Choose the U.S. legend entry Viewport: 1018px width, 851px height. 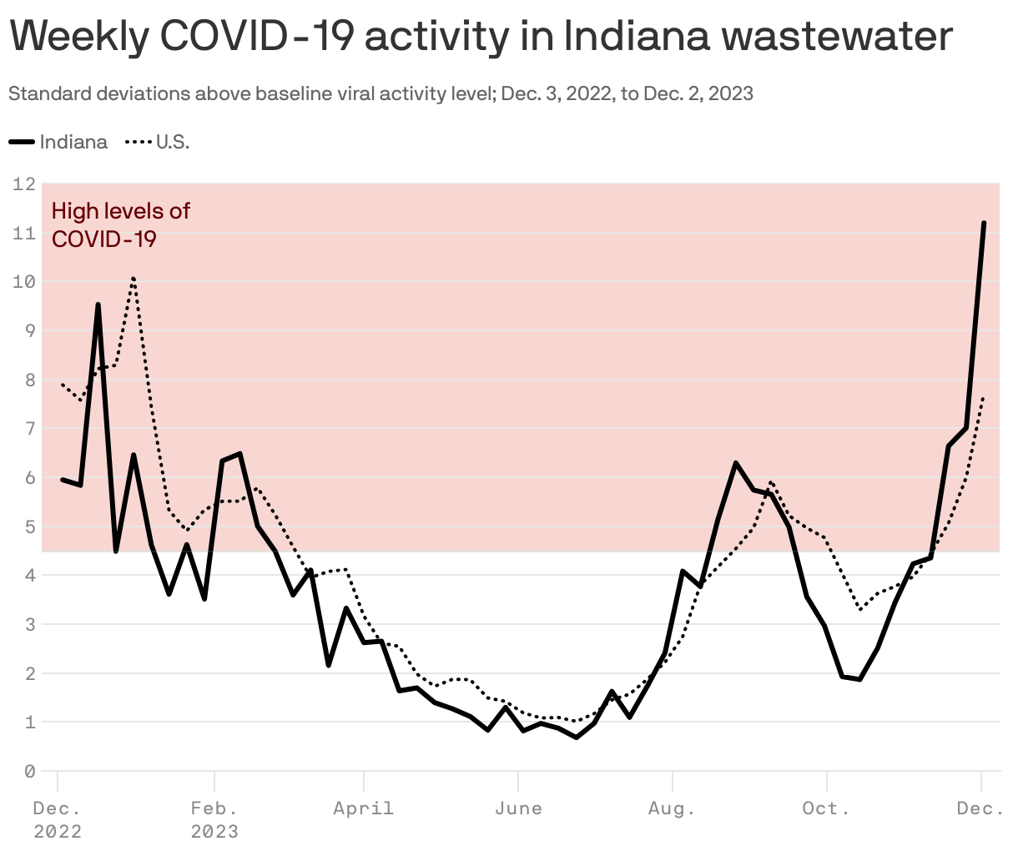coord(159,142)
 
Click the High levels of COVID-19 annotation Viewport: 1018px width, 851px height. coord(120,224)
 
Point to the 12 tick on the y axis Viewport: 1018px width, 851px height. coord(24,184)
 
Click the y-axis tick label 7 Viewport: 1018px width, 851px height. coord(29,429)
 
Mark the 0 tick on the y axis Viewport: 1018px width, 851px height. coord(29,772)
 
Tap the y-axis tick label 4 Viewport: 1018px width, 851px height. coord(29,576)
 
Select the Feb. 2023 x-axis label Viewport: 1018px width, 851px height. coord(214,819)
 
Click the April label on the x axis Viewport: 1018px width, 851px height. coord(363,808)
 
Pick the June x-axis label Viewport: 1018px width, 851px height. coord(518,808)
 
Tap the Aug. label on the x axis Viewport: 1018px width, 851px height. coord(672,808)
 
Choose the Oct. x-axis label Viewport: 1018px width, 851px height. coord(826,808)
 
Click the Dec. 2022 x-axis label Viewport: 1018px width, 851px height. coord(58,819)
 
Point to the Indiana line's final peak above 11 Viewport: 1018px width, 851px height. coord(984,224)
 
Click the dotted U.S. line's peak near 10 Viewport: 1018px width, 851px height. coord(134,278)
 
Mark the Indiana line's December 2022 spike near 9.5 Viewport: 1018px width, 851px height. coord(98,305)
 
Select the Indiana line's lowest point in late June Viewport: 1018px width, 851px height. coord(577,737)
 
